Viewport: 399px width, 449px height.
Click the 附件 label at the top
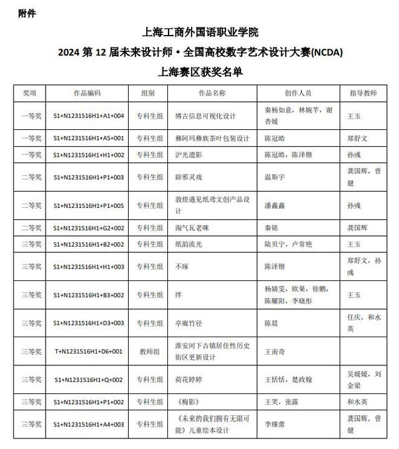(x=28, y=12)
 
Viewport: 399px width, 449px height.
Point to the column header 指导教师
(x=363, y=93)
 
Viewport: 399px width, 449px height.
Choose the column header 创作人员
(x=298, y=93)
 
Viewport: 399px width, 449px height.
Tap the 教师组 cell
(x=148, y=351)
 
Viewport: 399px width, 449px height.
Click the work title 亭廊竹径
(x=191, y=323)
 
